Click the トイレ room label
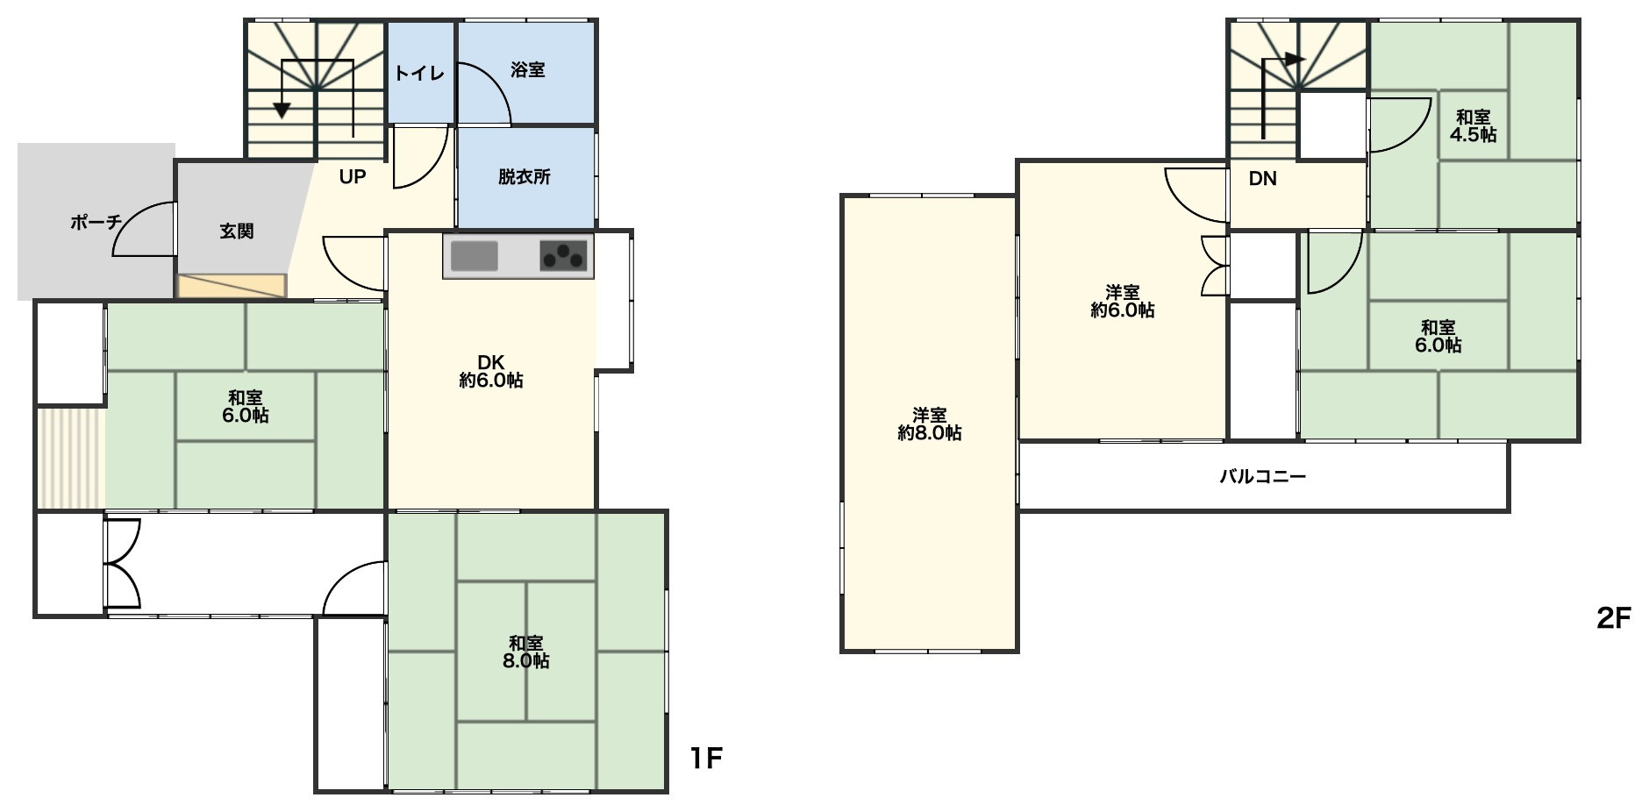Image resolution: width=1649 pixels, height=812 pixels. point(419,73)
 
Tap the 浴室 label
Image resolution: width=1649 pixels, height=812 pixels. point(528,70)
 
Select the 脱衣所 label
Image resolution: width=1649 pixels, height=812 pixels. point(525,176)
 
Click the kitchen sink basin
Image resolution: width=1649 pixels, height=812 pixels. point(475,256)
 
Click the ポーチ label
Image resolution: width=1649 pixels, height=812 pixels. point(96,222)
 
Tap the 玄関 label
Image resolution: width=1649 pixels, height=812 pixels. point(237,231)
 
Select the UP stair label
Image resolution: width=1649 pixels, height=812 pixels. point(353,177)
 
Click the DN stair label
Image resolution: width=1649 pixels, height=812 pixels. point(1262,179)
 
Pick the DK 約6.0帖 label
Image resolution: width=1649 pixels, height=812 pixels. point(491,371)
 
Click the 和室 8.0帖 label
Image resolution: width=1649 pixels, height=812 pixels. point(526,652)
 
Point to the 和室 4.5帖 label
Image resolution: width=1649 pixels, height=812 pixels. point(1474,125)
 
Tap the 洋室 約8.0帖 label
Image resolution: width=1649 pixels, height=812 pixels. point(930,424)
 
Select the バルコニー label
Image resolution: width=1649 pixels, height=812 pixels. point(1263,477)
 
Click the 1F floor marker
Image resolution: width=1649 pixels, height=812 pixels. point(705,759)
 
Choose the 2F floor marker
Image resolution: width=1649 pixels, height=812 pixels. point(1613,619)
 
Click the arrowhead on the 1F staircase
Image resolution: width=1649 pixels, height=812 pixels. point(282,110)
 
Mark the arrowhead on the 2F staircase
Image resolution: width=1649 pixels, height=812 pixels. point(1294,60)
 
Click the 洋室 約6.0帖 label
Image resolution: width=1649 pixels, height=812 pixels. point(1123,301)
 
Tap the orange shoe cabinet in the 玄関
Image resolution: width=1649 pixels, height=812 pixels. point(232,286)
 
